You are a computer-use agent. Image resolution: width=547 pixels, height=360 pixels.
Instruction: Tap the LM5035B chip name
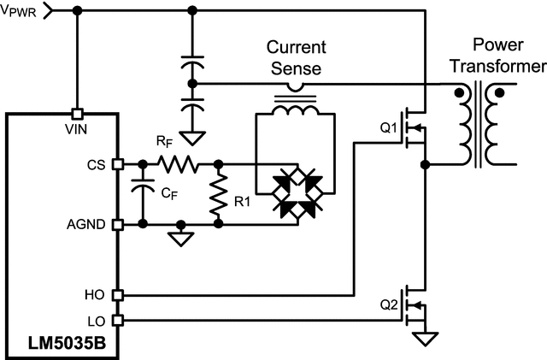62,345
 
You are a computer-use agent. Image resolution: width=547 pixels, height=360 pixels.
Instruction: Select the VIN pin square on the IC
77,113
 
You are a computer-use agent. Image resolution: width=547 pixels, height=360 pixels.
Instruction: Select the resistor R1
220,194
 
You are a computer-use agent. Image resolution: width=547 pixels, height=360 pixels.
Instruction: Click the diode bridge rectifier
297,194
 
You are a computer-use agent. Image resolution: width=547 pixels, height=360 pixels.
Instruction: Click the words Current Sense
296,56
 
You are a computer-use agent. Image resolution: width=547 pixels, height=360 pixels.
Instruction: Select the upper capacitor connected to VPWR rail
192,64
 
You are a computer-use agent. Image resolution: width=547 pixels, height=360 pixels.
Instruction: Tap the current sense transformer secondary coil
296,110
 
